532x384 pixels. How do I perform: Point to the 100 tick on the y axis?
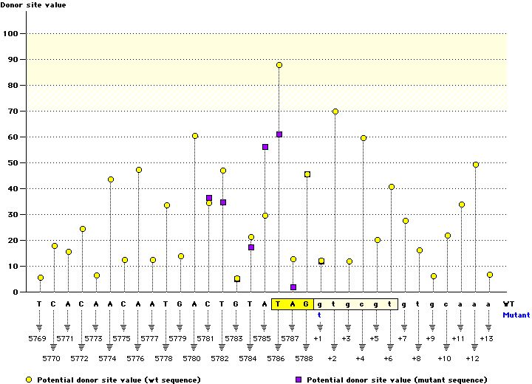coord(10,33)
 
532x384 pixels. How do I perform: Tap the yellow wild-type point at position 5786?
coord(279,65)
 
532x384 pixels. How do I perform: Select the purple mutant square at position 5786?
coord(279,134)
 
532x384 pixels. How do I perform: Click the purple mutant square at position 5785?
coord(265,147)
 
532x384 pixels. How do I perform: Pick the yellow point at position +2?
coord(335,112)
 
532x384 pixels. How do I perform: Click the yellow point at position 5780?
coord(195,136)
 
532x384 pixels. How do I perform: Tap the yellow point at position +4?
coord(364,138)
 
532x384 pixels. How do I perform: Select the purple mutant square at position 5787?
coord(293,287)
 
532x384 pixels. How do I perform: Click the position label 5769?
coord(39,338)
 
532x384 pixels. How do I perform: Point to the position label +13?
coord(485,338)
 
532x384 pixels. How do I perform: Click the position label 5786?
coord(277,358)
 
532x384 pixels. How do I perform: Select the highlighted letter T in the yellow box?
coord(279,304)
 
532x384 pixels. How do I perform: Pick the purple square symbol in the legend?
coord(299,379)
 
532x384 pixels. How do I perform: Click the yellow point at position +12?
coord(476,165)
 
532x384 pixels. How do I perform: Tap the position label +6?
coord(389,358)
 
